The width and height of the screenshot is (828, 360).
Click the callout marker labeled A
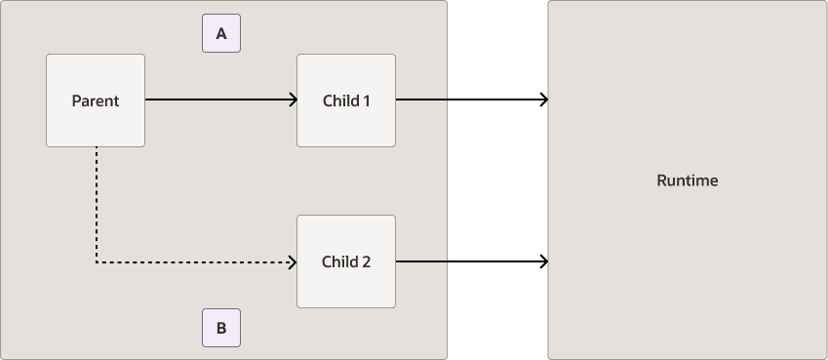pos(221,34)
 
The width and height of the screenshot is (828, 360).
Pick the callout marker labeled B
pos(221,329)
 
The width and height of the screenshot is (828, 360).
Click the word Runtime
pos(688,180)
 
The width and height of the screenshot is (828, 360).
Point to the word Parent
pos(96,100)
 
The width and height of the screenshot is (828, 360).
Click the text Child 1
pos(346,100)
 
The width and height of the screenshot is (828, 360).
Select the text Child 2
pos(346,261)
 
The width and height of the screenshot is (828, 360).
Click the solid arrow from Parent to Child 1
pos(219,100)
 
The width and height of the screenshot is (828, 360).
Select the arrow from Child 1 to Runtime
pos(468,100)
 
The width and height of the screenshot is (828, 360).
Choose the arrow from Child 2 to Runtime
pos(468,261)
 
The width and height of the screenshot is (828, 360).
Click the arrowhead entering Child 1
pos(293,100)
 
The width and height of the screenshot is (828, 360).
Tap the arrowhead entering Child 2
pos(293,261)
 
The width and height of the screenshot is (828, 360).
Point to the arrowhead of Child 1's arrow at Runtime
pos(543,100)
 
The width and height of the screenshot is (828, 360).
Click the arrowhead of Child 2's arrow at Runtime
pos(543,261)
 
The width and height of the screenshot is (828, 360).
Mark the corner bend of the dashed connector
pos(97,261)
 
